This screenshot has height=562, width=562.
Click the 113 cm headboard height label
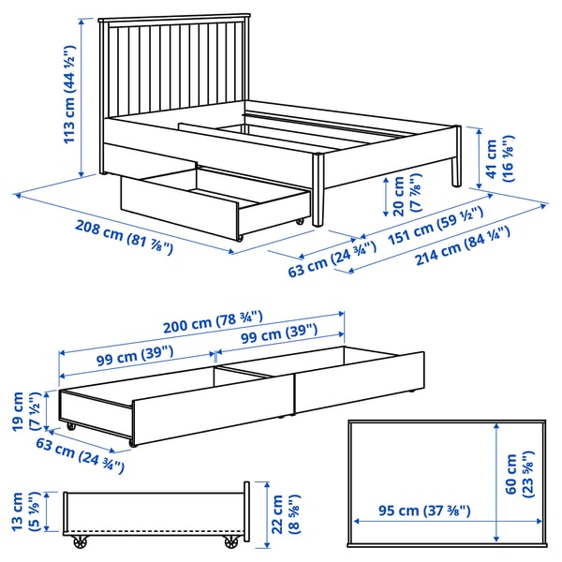[69, 95]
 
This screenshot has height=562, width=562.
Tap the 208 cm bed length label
[124, 237]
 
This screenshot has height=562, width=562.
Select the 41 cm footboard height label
[500, 158]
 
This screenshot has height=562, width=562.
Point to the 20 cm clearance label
[407, 196]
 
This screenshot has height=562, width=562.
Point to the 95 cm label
[424, 510]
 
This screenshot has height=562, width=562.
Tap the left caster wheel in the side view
[81, 541]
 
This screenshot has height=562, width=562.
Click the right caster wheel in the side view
[231, 541]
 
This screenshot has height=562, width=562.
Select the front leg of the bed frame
[318, 190]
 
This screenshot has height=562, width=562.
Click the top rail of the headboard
[174, 18]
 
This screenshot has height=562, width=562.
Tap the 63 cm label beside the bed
[333, 259]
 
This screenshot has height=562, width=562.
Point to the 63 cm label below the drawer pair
[80, 455]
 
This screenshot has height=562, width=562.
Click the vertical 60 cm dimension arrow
[496, 481]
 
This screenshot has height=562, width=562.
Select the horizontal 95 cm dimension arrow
[448, 521]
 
